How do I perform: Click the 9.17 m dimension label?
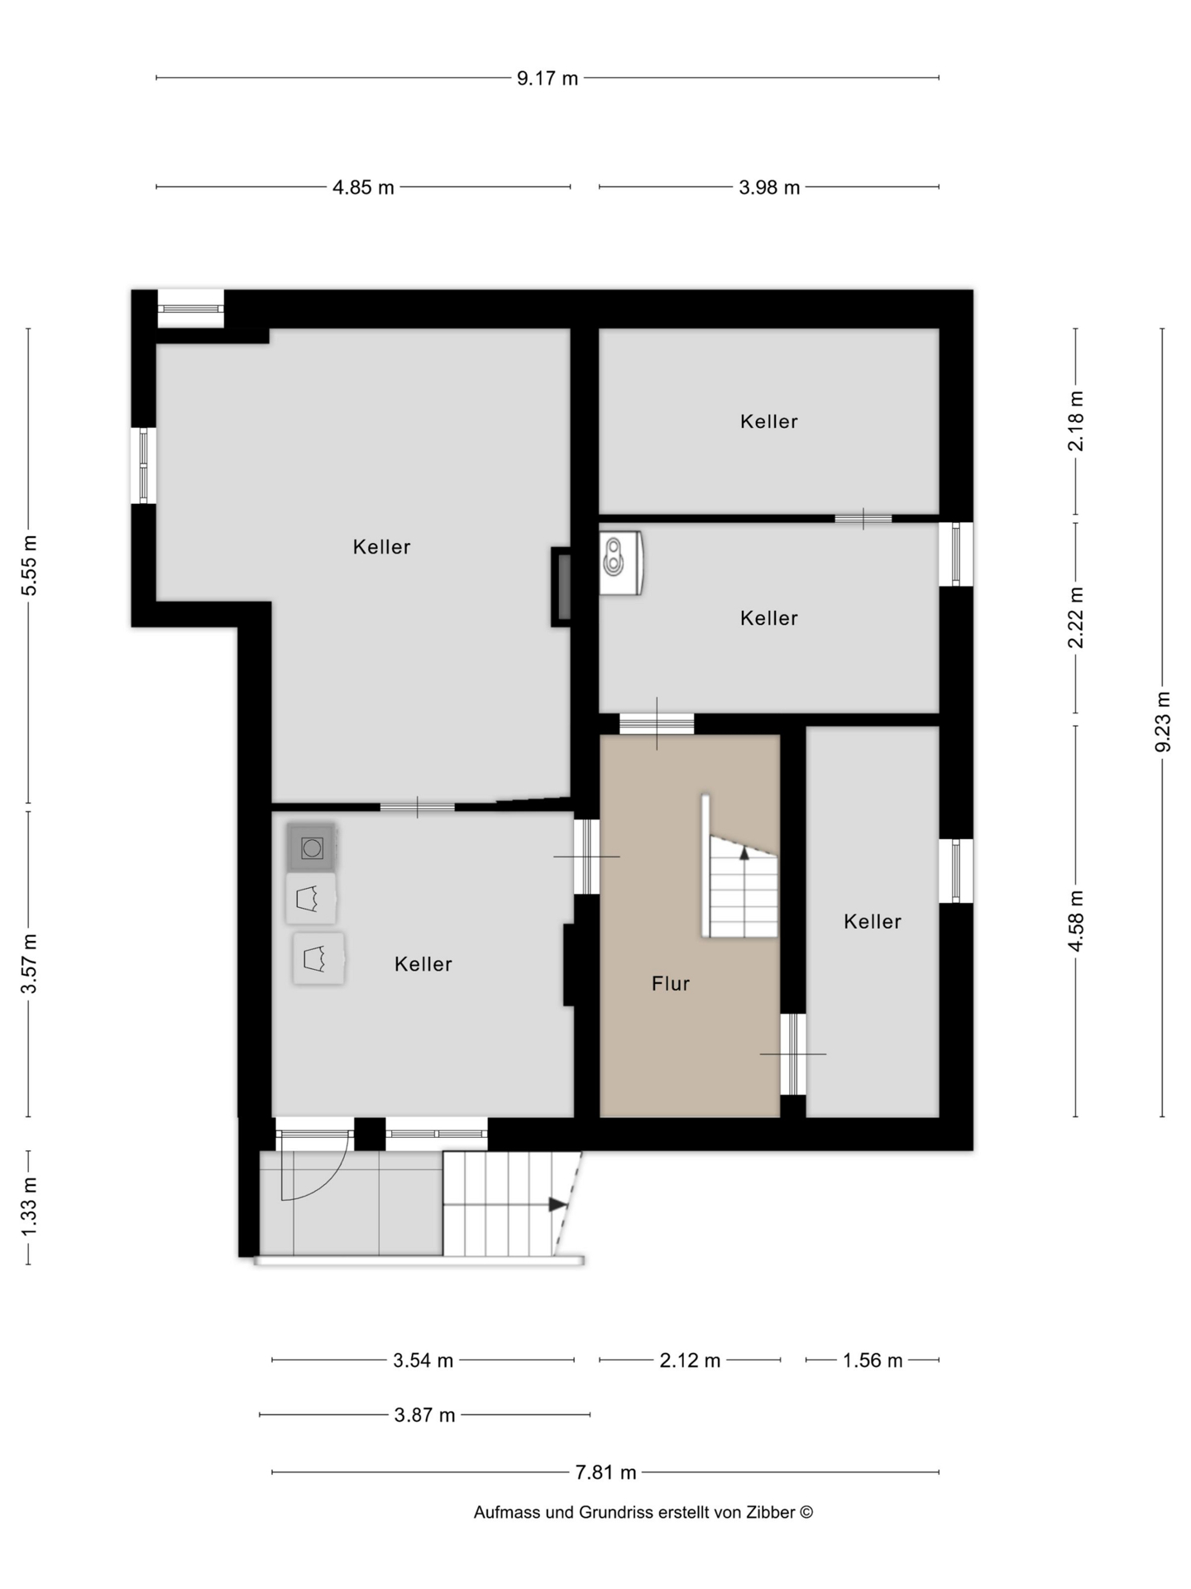click(x=548, y=79)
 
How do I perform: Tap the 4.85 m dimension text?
click(x=363, y=188)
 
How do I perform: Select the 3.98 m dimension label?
click(x=769, y=188)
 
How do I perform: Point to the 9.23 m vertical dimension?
click(x=1163, y=722)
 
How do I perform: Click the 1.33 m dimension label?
click(x=29, y=1207)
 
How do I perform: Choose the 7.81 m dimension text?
click(x=605, y=1472)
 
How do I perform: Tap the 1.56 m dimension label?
click(x=873, y=1361)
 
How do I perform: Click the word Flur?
click(x=671, y=983)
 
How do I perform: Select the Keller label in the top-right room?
click(x=769, y=421)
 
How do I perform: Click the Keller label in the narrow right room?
click(x=873, y=921)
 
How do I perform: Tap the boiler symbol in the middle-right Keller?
click(x=621, y=563)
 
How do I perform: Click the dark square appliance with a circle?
click(x=312, y=847)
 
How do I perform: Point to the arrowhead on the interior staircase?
click(x=744, y=852)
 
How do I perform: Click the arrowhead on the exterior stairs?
click(x=558, y=1204)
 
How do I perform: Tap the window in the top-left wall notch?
click(x=191, y=309)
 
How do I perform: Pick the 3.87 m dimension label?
click(x=424, y=1415)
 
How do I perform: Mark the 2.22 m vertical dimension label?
click(x=1076, y=617)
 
